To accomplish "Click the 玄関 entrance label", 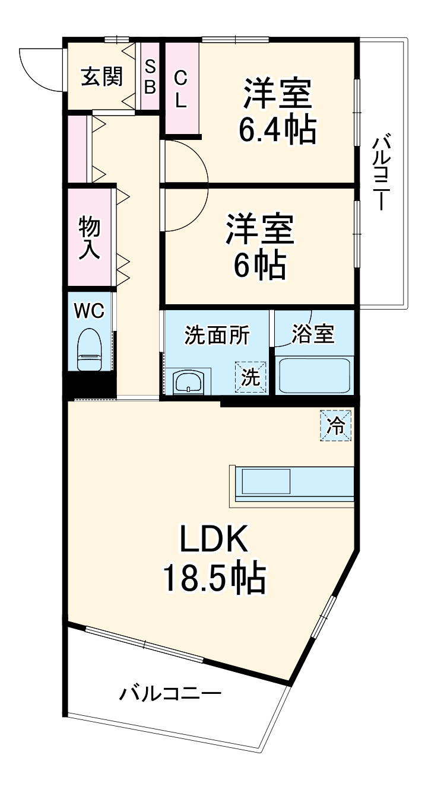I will [x=102, y=76].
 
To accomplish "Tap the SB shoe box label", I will [x=150, y=76].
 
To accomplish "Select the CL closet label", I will [x=180, y=89].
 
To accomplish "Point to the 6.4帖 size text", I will [x=277, y=129].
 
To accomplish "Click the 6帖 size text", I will [x=259, y=265].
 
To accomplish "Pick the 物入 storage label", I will [x=90, y=237].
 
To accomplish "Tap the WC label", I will [x=89, y=309].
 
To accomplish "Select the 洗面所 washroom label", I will [x=217, y=335].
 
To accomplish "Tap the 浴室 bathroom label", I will [x=313, y=335].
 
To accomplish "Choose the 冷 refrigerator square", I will [x=336, y=425].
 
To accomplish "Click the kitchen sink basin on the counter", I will [x=265, y=481].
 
